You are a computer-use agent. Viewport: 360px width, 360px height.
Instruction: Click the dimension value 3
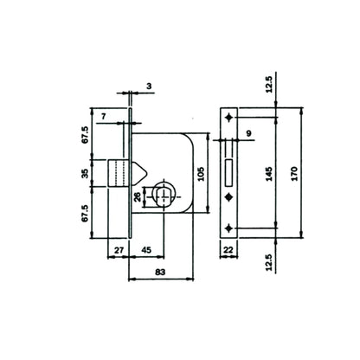coord(149,86)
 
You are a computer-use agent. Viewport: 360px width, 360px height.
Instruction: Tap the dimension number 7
coord(104,117)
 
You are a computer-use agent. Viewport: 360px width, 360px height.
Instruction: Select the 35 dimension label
coord(85,174)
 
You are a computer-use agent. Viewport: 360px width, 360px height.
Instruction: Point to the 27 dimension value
coord(119,250)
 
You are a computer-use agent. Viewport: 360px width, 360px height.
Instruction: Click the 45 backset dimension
coord(146,250)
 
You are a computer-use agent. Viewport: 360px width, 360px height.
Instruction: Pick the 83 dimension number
coord(160,272)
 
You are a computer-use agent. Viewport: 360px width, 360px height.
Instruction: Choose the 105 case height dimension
coord(201,174)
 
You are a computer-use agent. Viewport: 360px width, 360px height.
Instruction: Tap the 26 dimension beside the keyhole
coord(138,196)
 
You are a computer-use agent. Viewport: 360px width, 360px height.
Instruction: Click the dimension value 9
coord(249,133)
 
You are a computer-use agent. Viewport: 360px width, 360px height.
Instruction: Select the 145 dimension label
coord(269,174)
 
